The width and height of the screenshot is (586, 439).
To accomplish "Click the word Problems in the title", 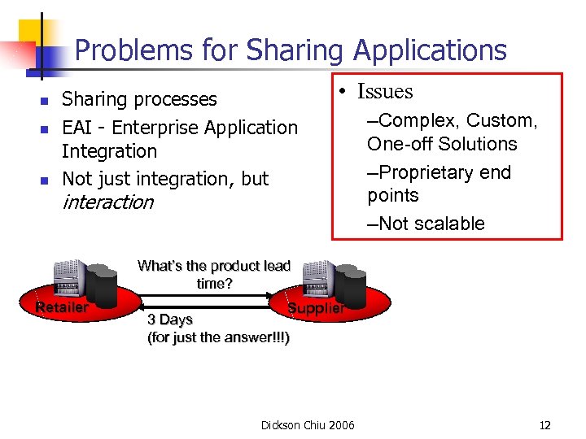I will (129, 50).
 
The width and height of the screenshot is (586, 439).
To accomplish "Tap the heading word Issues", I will (385, 92).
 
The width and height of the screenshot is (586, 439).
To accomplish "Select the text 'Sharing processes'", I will (139, 99).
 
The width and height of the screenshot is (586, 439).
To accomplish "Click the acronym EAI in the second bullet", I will (79, 128).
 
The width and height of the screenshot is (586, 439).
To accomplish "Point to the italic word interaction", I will (107, 202).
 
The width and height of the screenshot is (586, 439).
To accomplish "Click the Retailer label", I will (62, 307).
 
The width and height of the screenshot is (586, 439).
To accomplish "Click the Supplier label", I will (317, 309).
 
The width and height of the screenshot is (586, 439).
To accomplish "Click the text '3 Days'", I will (169, 319).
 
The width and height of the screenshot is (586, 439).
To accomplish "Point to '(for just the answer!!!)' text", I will (218, 337).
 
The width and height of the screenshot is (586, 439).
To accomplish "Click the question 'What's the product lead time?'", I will (214, 274).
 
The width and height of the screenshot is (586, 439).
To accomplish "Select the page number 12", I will (544, 425).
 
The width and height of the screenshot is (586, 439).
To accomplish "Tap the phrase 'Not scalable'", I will (431, 224).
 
